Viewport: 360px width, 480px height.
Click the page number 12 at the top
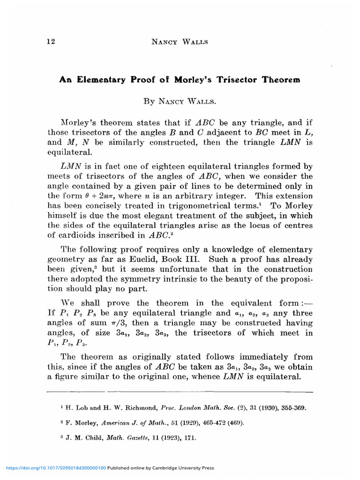[x=51, y=42]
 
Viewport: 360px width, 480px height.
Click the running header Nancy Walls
[x=180, y=42]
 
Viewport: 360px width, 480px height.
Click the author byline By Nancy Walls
[x=180, y=101]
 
